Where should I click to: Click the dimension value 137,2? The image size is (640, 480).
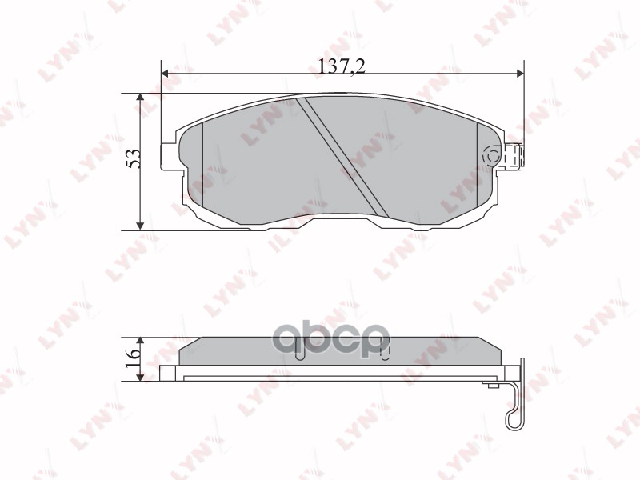(x=342, y=68)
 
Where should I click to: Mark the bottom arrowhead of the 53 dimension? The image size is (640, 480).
(x=141, y=226)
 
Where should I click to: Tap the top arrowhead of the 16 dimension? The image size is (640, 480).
(x=142, y=339)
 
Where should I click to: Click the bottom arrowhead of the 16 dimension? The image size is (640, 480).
(x=142, y=366)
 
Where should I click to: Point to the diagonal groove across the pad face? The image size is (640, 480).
(x=344, y=157)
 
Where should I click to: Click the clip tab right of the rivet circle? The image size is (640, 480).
(x=515, y=155)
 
